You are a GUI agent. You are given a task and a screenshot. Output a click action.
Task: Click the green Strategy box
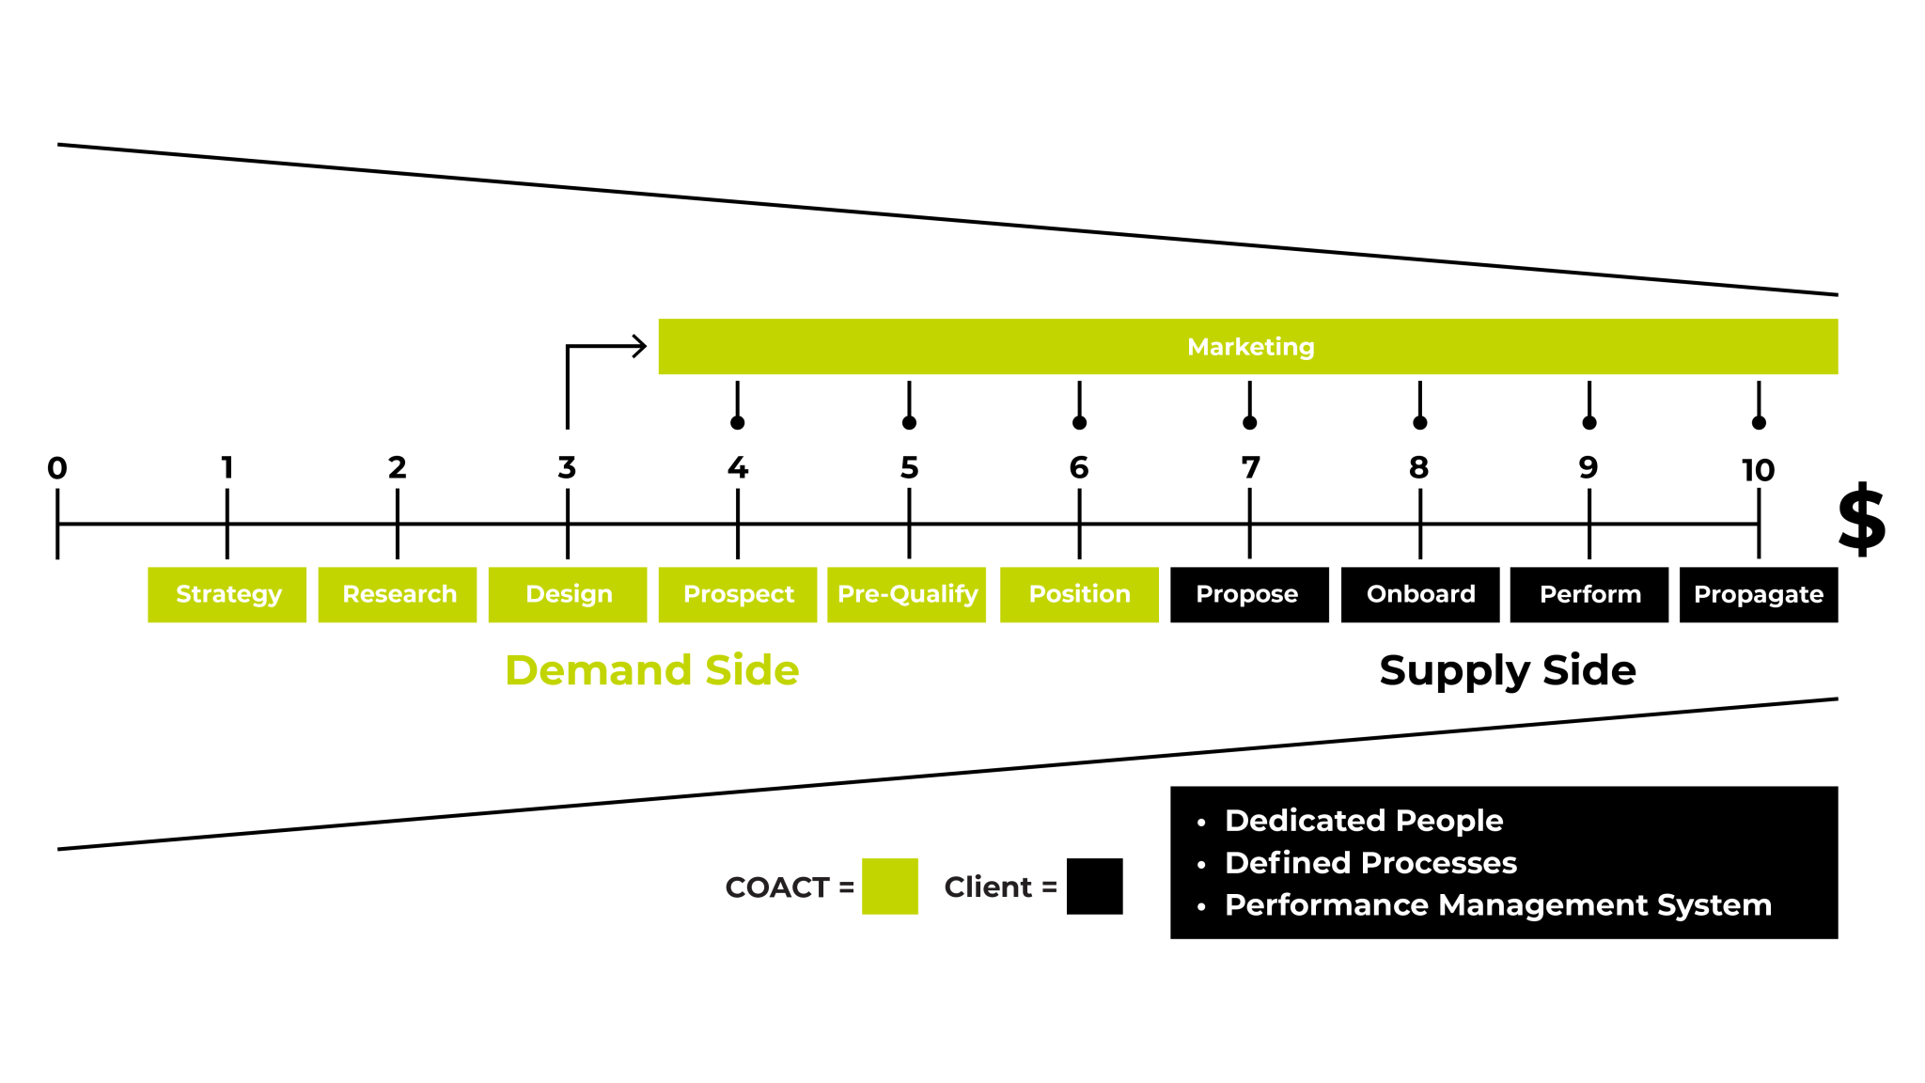coord(227,594)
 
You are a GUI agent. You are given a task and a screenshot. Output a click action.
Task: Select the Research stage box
coord(398,594)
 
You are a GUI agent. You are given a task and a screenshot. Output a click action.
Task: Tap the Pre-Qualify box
coord(907,594)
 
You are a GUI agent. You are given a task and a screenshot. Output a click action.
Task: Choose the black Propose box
coord(1249,594)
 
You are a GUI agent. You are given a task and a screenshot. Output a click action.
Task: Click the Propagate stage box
coord(1759,594)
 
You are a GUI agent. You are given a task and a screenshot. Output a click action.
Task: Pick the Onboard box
coord(1420,594)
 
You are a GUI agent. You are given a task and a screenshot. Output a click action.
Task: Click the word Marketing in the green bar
coord(1250,347)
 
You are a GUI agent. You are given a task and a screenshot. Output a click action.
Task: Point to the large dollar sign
coord(1862,519)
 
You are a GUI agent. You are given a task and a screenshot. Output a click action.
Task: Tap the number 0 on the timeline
coord(57,468)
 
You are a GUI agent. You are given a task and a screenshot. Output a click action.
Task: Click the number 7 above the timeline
coord(1250,468)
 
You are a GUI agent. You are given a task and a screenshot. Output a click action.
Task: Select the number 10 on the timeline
coord(1758,470)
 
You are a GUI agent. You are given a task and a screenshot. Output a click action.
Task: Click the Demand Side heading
coord(652,670)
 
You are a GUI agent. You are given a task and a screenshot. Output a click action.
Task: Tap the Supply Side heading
coord(1508,670)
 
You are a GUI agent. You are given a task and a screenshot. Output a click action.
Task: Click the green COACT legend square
coord(889,886)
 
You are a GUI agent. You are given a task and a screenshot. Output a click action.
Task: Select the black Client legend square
coord(1094,886)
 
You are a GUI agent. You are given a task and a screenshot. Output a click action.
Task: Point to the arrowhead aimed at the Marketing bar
coord(640,346)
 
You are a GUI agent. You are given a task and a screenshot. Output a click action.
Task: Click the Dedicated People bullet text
coord(1364,821)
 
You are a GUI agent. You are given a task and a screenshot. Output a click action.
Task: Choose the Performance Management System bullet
coord(1497,905)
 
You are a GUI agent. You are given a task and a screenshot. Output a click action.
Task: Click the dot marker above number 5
coord(909,423)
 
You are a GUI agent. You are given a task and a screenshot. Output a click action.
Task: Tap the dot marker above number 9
coord(1589,423)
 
